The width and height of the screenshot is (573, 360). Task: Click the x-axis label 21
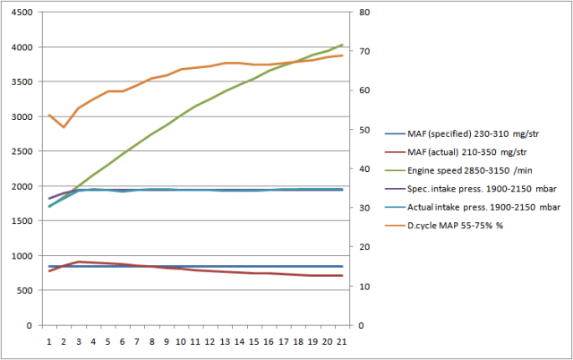(x=341, y=341)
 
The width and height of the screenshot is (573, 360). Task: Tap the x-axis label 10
(x=180, y=341)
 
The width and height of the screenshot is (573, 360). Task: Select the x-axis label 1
(x=49, y=341)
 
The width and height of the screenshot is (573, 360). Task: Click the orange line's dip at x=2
(x=64, y=127)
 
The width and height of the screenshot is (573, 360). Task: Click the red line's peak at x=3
(x=79, y=261)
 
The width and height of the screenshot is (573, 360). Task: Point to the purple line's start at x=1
(x=49, y=198)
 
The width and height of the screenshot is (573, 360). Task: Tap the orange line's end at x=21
(x=342, y=56)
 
